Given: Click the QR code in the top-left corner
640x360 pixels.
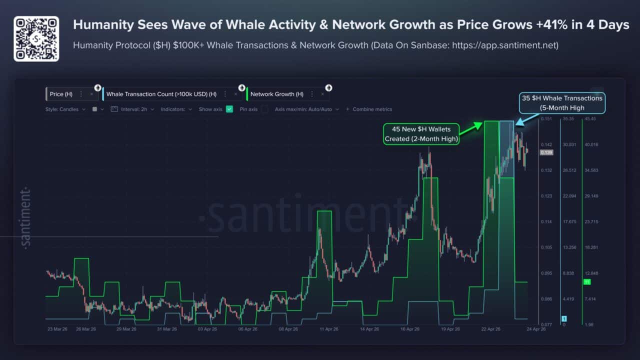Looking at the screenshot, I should pyautogui.click(x=36, y=38).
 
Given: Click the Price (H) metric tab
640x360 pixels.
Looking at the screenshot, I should pyautogui.click(x=61, y=94).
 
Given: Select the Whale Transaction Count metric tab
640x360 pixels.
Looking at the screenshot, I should pyautogui.click(x=161, y=94).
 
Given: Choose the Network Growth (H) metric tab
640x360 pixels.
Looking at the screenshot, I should pyautogui.click(x=276, y=94).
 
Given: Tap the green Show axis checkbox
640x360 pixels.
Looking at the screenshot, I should pyautogui.click(x=229, y=109).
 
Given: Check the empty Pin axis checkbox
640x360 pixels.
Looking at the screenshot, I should pyautogui.click(x=265, y=109).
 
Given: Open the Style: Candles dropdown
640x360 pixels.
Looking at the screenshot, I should pyautogui.click(x=65, y=109).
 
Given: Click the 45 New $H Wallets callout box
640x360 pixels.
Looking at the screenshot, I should pyautogui.click(x=421, y=134).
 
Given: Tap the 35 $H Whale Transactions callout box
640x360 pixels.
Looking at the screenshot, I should pyautogui.click(x=562, y=102).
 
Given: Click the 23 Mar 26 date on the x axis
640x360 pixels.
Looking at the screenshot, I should pyautogui.click(x=57, y=329).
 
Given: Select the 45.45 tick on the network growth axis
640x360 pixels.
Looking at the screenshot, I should pyautogui.click(x=591, y=119).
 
